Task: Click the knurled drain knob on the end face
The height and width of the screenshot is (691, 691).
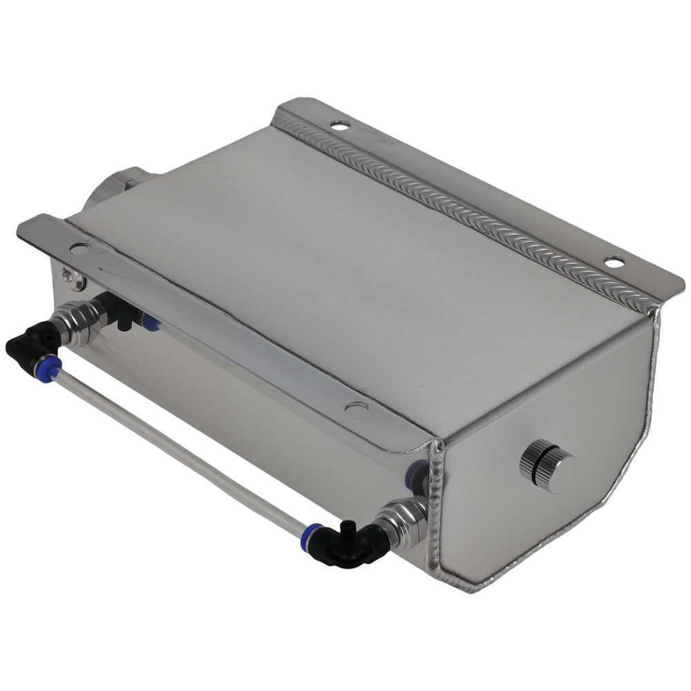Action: click(548, 468)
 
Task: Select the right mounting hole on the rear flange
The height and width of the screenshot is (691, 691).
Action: click(614, 262)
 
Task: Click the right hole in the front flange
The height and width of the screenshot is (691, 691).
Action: click(356, 409)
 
